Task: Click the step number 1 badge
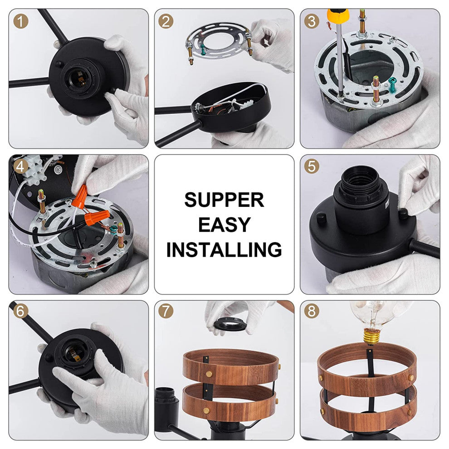pos(21,21)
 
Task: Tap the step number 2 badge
pos(166,21)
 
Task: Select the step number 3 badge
pos(312,21)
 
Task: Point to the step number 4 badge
pos(21,166)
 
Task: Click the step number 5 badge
pos(312,166)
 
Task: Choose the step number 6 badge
pos(21,311)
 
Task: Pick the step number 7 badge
pos(166,311)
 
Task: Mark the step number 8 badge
pos(312,311)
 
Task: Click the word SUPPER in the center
pos(224,200)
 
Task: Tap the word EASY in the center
pos(224,224)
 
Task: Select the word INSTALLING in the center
pos(224,249)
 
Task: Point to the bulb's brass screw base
pos(371,336)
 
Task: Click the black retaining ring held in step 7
pos(229,324)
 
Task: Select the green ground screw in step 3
pos(392,84)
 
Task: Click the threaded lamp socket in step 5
pos(362,198)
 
